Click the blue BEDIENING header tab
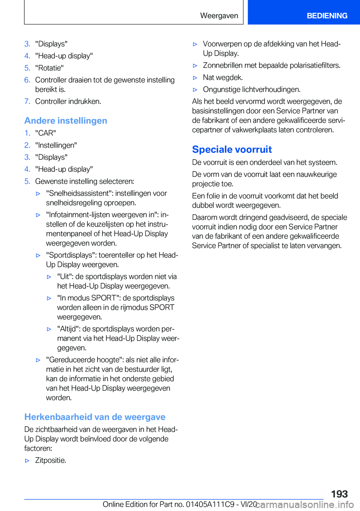pyautogui.click(x=327, y=16)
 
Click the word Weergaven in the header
pyautogui.click(x=219, y=16)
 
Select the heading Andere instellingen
pyautogui.click(x=66, y=121)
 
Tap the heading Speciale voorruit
pyautogui.click(x=232, y=149)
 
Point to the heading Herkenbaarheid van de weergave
pyautogui.click(x=95, y=417)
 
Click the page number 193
pyautogui.click(x=339, y=494)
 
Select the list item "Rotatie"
pyautogui.click(x=49, y=68)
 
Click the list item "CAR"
pyautogui.click(x=46, y=133)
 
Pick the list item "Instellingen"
pyautogui.click(x=56, y=145)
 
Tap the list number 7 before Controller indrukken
pyautogui.click(x=27, y=101)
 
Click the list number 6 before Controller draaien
pyautogui.click(x=27, y=80)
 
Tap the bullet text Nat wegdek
pyautogui.click(x=223, y=78)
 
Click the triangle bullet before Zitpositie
pyautogui.click(x=27, y=461)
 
